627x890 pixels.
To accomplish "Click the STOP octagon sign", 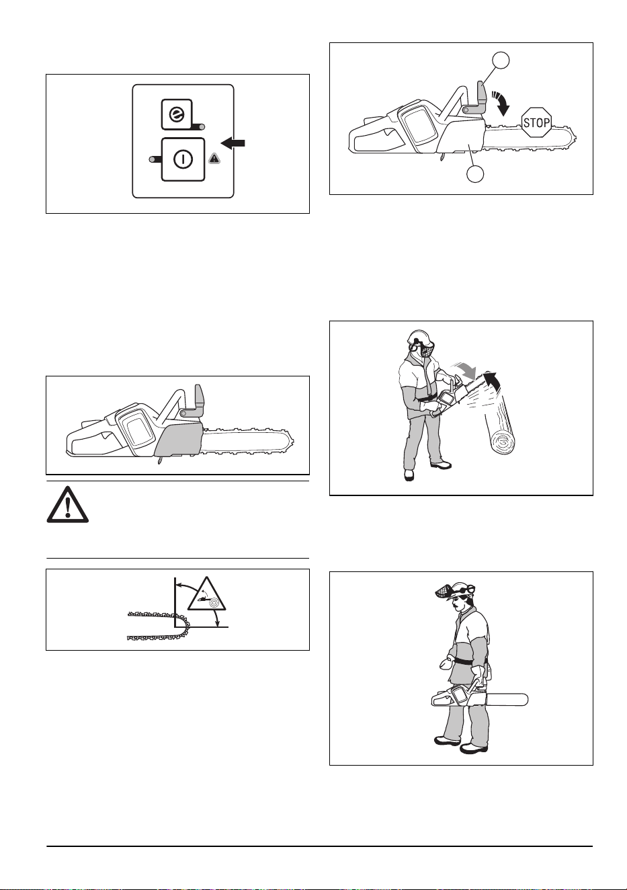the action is (x=536, y=122).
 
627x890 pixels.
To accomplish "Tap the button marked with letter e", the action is (x=177, y=114).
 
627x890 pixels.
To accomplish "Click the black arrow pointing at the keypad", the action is (x=233, y=143).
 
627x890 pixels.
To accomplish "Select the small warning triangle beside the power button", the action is (x=214, y=159).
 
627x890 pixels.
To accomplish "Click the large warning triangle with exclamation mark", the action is (x=68, y=505).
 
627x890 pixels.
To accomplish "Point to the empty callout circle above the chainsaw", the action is (x=501, y=60).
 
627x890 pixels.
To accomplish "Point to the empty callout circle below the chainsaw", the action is (x=475, y=173).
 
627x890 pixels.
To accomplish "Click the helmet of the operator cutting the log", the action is (x=417, y=337).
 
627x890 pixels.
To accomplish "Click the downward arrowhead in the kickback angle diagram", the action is (x=218, y=623).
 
